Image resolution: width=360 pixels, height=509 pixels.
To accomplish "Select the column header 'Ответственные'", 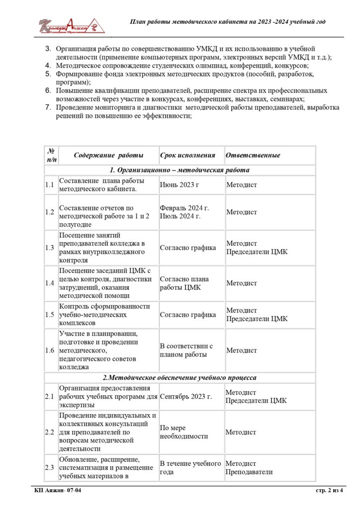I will click(253, 155).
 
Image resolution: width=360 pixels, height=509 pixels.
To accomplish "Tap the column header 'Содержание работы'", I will click(108, 155).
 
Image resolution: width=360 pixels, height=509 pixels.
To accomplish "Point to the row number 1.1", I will click(50, 185).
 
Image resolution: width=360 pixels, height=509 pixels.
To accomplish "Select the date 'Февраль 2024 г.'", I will click(184, 208).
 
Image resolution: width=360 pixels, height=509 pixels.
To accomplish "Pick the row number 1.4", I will click(50, 283).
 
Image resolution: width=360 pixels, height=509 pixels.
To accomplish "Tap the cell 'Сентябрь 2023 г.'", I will click(186, 396).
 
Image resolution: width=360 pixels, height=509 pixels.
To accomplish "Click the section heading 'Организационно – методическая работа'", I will click(180, 170).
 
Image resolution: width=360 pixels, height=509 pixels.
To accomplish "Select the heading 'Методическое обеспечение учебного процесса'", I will click(180, 378).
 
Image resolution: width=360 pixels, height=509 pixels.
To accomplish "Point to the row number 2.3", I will click(50, 467).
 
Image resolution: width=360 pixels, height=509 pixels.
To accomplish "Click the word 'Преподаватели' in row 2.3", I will click(250, 472).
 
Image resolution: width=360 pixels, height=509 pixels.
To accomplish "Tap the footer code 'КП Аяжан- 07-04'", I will click(58, 491).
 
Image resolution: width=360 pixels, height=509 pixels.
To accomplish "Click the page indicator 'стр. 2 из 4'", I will click(330, 491).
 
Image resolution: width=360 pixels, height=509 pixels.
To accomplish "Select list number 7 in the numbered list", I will click(48, 107).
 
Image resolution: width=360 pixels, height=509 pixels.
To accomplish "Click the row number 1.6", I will click(50, 350).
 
